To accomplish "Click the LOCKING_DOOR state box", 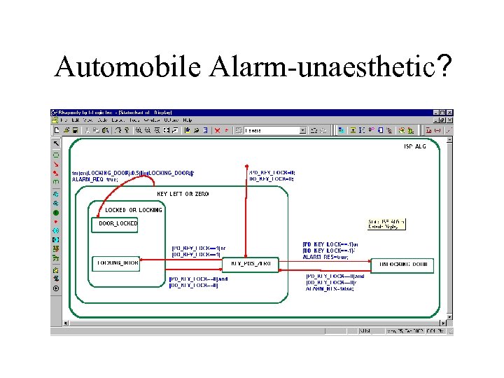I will point(116,262).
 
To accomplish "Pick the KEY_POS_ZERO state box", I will point(250,263).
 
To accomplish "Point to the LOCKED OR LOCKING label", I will point(133,210).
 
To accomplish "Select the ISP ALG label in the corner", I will point(414,147).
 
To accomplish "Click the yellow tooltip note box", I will point(386,224).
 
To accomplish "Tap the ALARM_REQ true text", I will point(94,180).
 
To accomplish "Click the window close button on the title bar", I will point(449,113).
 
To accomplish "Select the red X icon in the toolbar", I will point(217,129).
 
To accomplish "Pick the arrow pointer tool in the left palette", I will point(56,143).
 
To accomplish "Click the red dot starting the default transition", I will point(247,167).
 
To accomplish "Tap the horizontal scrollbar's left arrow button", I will point(66,323).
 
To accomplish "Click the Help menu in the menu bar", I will point(187,120).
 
